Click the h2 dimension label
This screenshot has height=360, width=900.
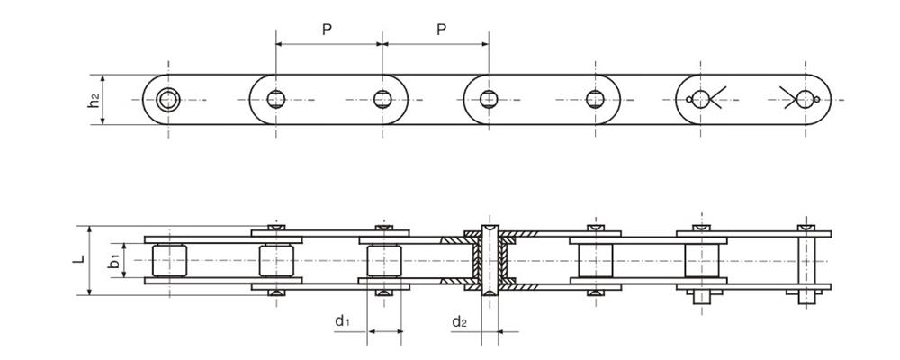click(x=94, y=100)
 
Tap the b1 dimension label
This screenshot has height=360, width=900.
click(x=115, y=261)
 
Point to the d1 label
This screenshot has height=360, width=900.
click(x=342, y=321)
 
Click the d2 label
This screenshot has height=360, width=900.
click(x=459, y=321)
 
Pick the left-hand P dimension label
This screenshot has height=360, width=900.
click(x=327, y=30)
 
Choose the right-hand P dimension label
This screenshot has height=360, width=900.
click(x=441, y=30)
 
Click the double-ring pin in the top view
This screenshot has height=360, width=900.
click(x=168, y=100)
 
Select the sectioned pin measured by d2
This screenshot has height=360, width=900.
click(x=490, y=260)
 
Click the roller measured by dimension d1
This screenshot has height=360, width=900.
click(x=384, y=261)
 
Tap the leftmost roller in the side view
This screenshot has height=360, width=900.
click(x=169, y=261)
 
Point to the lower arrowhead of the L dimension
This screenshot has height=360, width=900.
click(x=89, y=291)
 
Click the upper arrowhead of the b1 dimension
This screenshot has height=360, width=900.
click(x=124, y=247)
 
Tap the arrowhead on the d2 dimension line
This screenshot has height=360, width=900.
click(x=501, y=331)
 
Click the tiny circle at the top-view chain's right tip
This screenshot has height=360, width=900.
click(x=817, y=100)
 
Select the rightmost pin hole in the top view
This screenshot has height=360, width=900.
click(x=805, y=99)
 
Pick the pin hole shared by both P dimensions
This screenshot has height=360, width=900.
click(x=382, y=99)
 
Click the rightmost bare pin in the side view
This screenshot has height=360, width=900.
click(x=806, y=264)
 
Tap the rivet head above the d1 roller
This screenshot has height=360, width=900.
click(x=384, y=228)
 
